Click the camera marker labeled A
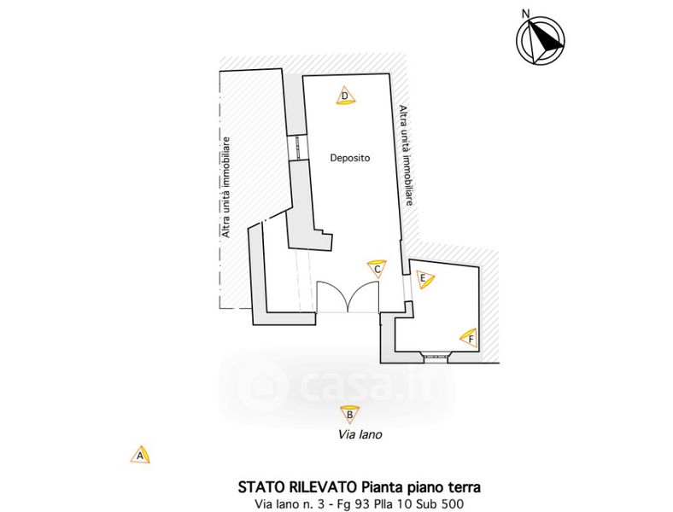141,455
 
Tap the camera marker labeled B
348,415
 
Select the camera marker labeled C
377,269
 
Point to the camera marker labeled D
344,96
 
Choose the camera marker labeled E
424,278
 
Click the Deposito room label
350,158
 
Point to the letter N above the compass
527,13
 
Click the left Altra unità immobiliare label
226,187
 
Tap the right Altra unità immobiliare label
407,156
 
